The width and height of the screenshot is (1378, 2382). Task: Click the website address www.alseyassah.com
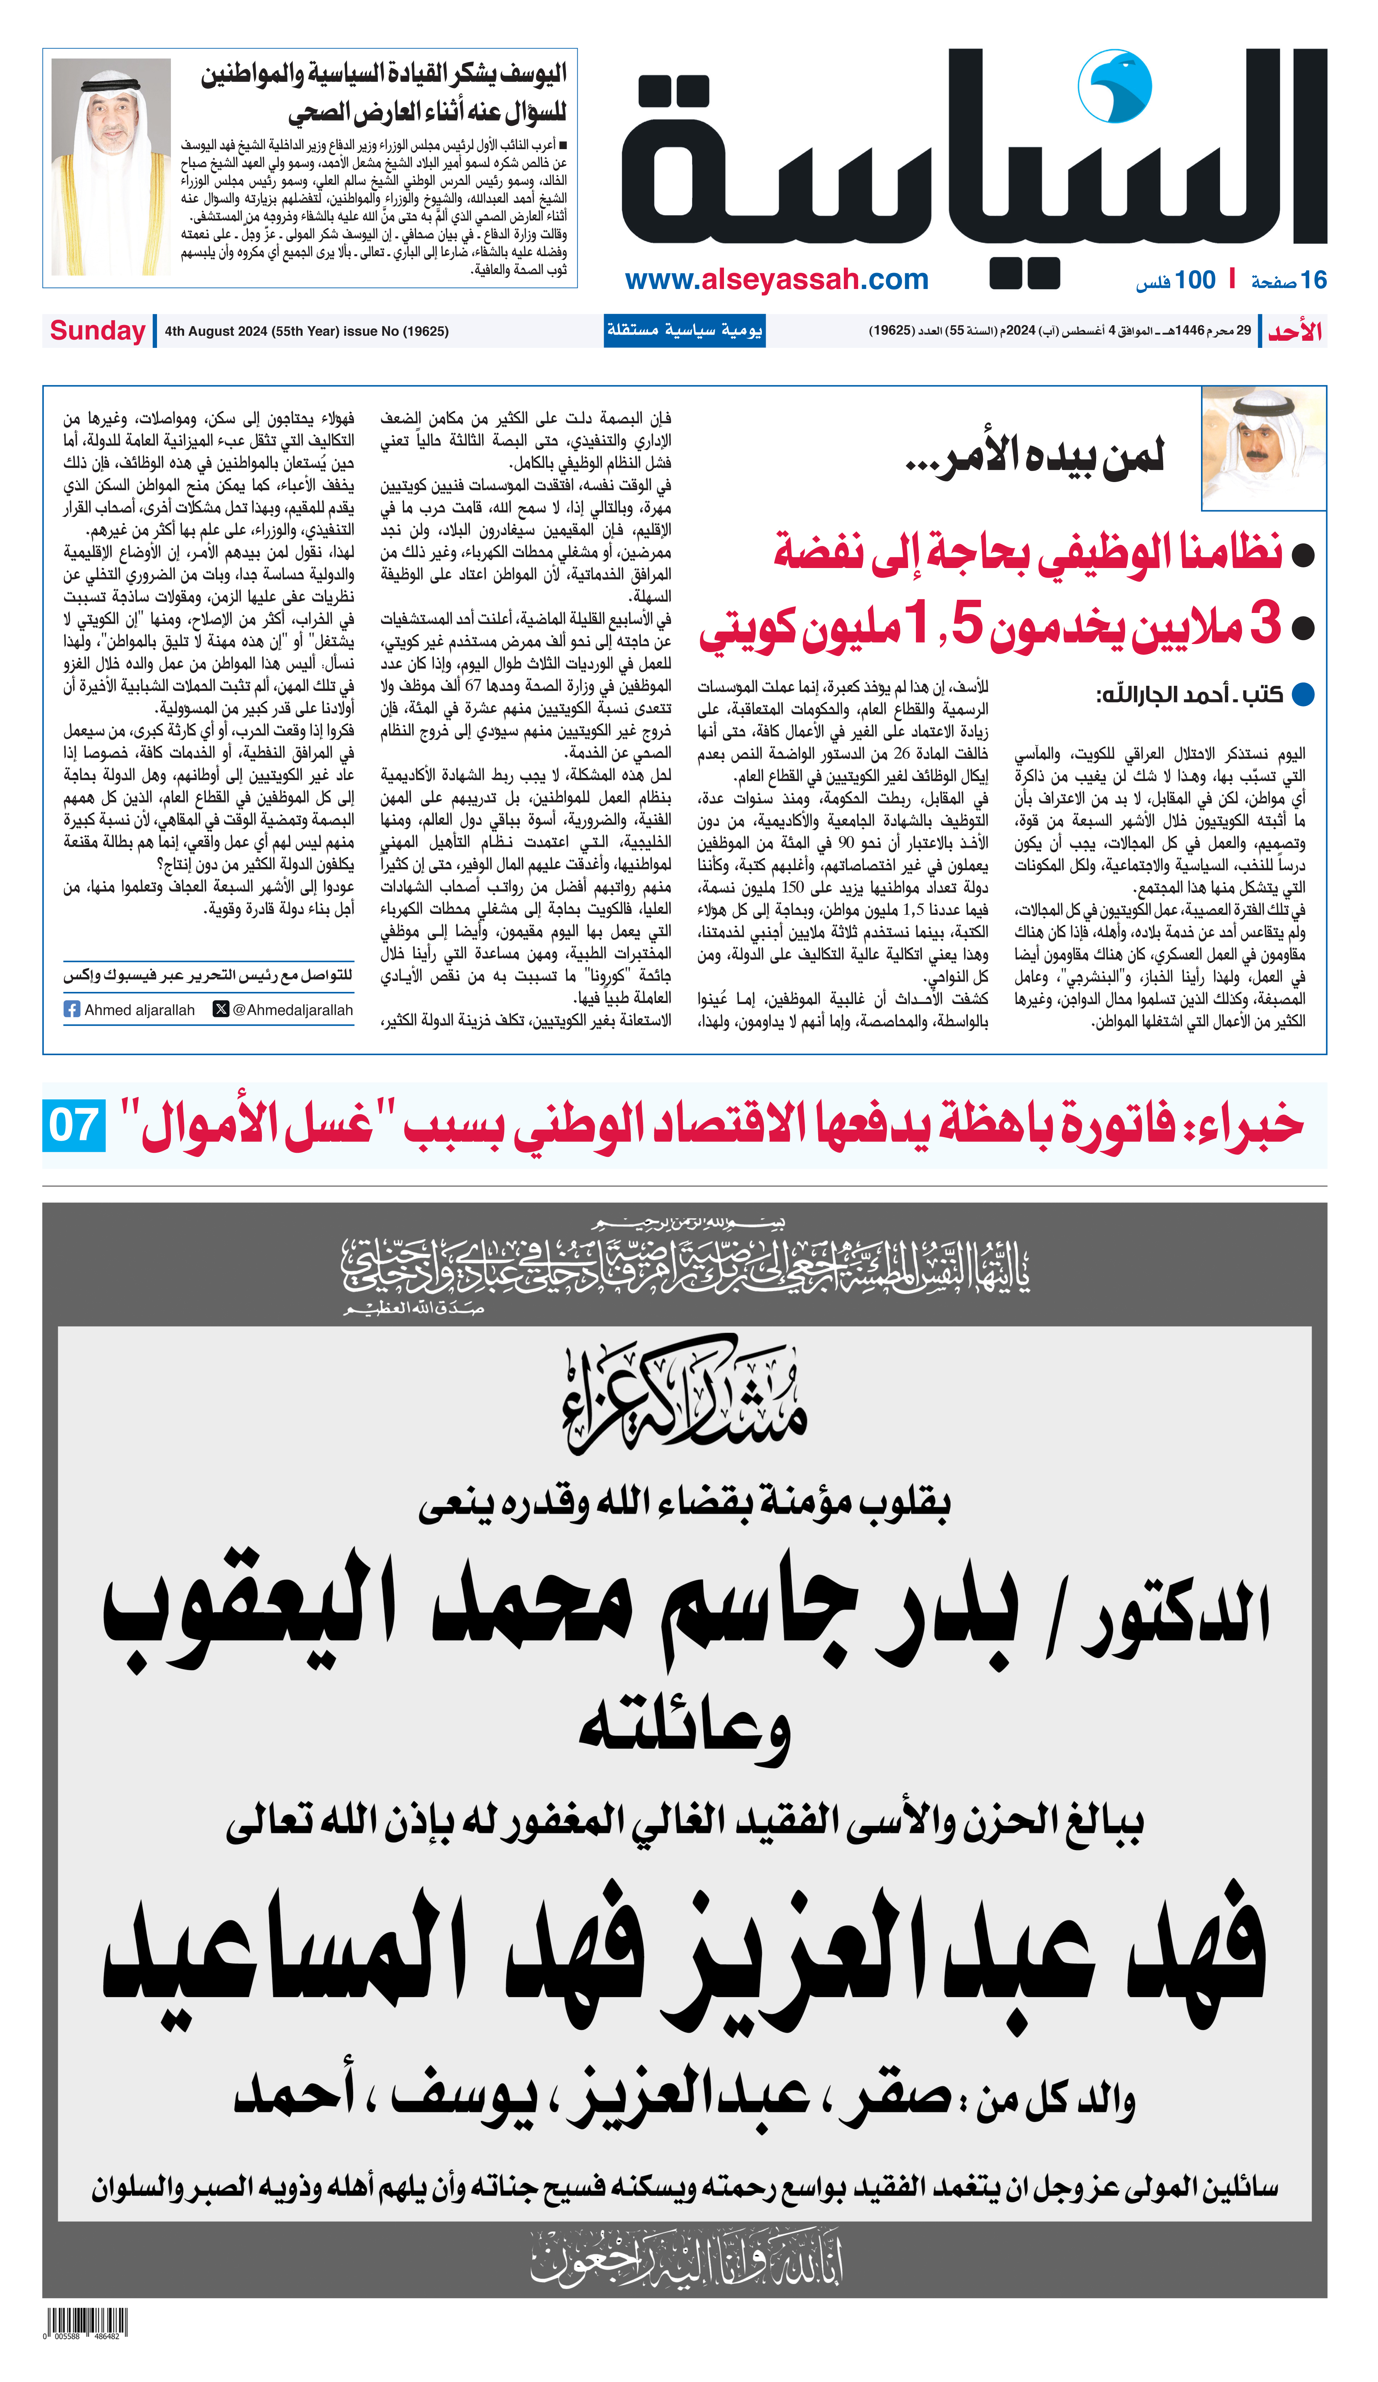tap(776, 280)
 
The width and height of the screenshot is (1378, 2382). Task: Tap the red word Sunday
tap(97, 331)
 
